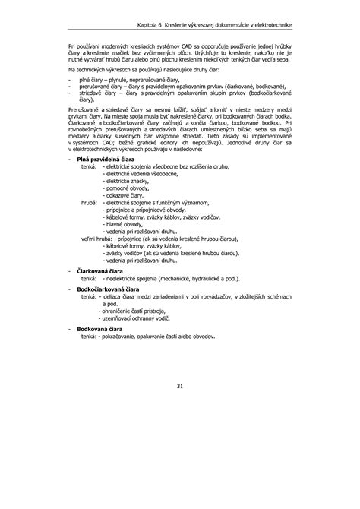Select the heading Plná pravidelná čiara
pyautogui.click(x=106, y=180)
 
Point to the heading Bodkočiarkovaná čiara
pyautogui.click(x=109, y=289)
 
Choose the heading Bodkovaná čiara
pyautogui.click(x=99, y=329)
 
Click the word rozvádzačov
pyautogui.click(x=227, y=296)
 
